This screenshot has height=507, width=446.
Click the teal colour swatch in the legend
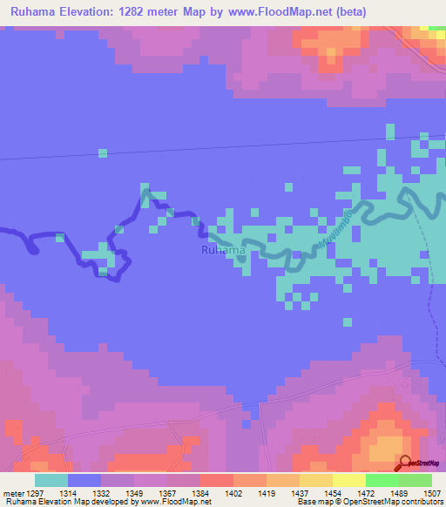click(51, 480)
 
